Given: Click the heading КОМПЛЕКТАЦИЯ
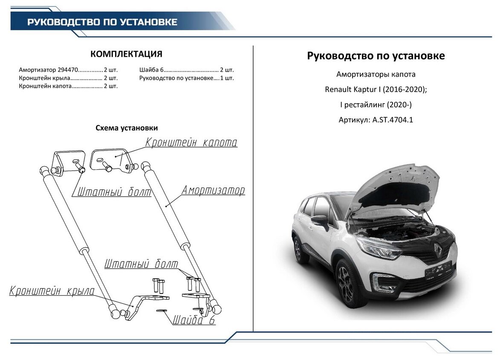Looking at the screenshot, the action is point(126,54).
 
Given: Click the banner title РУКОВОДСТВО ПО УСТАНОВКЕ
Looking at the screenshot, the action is point(102,22).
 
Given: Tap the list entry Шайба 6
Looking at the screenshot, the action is point(151,70).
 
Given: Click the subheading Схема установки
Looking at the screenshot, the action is point(127,128).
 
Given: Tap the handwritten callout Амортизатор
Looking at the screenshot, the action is point(213,190).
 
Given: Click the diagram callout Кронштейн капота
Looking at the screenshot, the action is point(191,142).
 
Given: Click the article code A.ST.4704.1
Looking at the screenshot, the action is point(393,120).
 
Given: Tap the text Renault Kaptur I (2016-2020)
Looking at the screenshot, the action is point(376,90).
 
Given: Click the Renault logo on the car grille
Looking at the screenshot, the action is point(438,249).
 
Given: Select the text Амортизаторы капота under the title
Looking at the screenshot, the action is point(376,75).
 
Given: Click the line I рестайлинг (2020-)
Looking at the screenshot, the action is point(376,105).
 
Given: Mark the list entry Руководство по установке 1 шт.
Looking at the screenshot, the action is point(186,78).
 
